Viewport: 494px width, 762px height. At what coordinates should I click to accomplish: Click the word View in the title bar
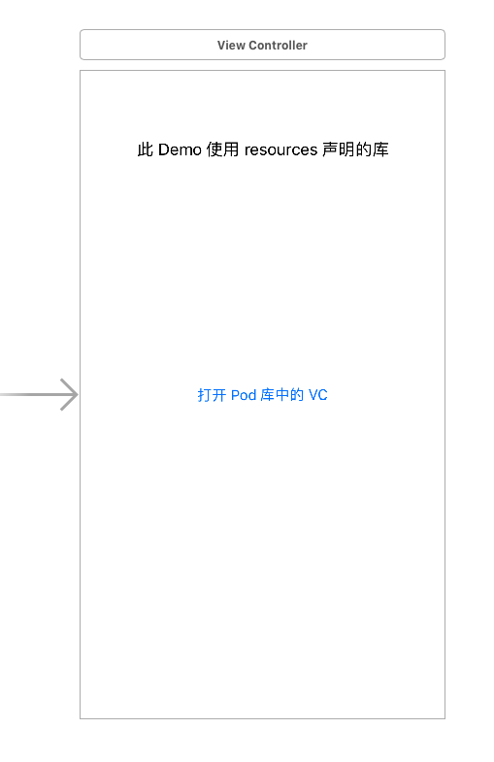tap(231, 46)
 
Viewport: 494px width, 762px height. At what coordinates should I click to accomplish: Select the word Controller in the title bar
tap(278, 46)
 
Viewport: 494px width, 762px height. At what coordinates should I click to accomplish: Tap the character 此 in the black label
tap(146, 149)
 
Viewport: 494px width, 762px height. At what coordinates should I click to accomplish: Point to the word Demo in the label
tap(180, 149)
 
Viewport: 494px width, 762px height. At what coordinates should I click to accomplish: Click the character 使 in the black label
tap(214, 149)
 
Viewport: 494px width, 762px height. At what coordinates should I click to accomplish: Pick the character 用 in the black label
tap(231, 149)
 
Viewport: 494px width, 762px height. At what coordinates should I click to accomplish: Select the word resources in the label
tap(280, 150)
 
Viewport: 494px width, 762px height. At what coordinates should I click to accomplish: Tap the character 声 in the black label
tap(330, 149)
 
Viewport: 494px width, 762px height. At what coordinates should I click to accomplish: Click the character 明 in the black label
tap(346, 149)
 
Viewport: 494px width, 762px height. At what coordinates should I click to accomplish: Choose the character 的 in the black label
tap(363, 149)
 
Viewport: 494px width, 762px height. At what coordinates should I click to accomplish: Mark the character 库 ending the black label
tap(380, 149)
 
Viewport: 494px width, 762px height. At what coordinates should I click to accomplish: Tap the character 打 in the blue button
tap(205, 395)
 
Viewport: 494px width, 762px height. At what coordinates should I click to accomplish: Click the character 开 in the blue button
tap(219, 395)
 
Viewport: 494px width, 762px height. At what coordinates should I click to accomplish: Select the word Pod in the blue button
tap(244, 395)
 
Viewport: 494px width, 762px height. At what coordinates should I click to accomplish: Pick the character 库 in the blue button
tap(268, 395)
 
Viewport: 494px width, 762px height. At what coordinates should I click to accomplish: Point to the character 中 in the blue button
tap(282, 395)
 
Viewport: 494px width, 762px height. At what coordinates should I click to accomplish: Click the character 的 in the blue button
tap(297, 395)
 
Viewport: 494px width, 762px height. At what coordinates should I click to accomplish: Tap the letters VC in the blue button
tap(318, 395)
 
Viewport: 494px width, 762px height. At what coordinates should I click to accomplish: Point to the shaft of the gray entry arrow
tap(38, 395)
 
